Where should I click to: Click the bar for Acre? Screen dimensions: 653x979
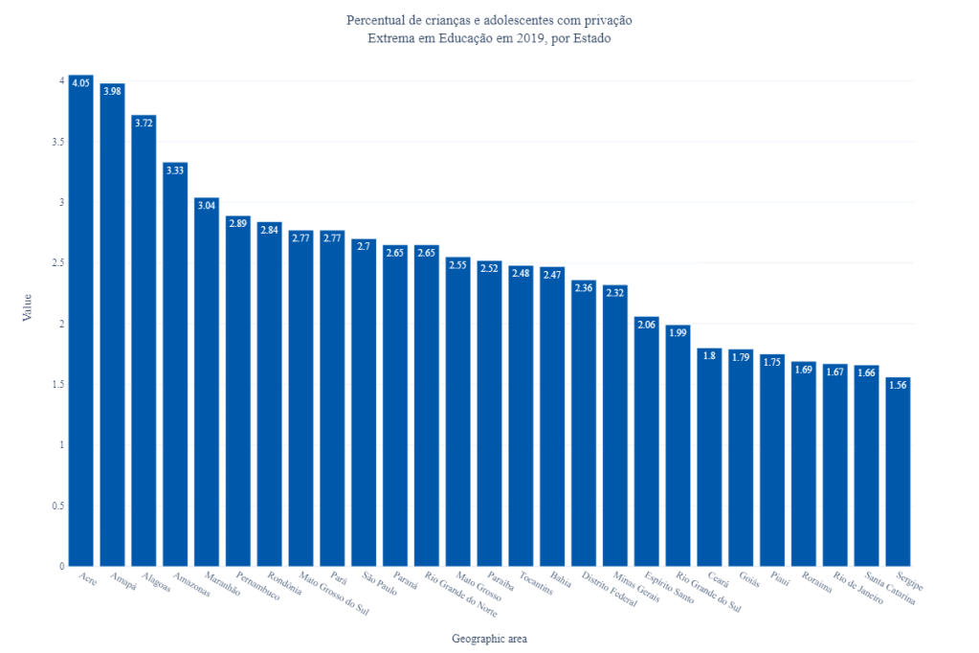(81, 326)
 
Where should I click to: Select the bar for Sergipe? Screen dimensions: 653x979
(898, 474)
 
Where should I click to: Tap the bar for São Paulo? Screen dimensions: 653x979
(364, 402)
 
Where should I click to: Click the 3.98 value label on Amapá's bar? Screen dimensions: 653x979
(113, 91)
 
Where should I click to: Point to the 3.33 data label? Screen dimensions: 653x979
(175, 170)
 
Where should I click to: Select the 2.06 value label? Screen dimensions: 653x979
(647, 325)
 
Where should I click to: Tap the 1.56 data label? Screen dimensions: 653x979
(898, 385)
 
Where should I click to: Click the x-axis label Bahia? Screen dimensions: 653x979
(561, 580)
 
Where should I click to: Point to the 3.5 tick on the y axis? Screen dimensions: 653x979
(58, 142)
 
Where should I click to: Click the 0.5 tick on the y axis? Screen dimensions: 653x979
(58, 506)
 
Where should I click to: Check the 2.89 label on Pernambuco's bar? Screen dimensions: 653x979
(238, 223)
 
